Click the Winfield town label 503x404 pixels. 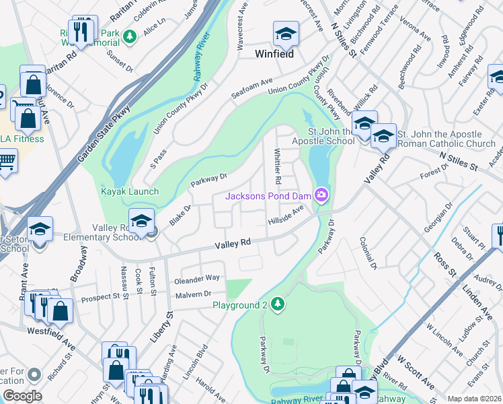coord(274,54)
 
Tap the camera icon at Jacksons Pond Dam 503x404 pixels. coord(322,195)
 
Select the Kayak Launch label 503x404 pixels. coord(130,191)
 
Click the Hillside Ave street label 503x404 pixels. coord(286,217)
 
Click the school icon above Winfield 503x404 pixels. coord(285,34)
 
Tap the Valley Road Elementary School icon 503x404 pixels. coord(141,221)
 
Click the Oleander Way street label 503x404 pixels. coord(197,278)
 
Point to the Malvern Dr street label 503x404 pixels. coord(193,294)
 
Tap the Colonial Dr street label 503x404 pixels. coord(367,253)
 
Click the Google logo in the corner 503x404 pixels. coord(22,395)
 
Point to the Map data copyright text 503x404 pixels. coord(474,399)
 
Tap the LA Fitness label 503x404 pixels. coord(22,139)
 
